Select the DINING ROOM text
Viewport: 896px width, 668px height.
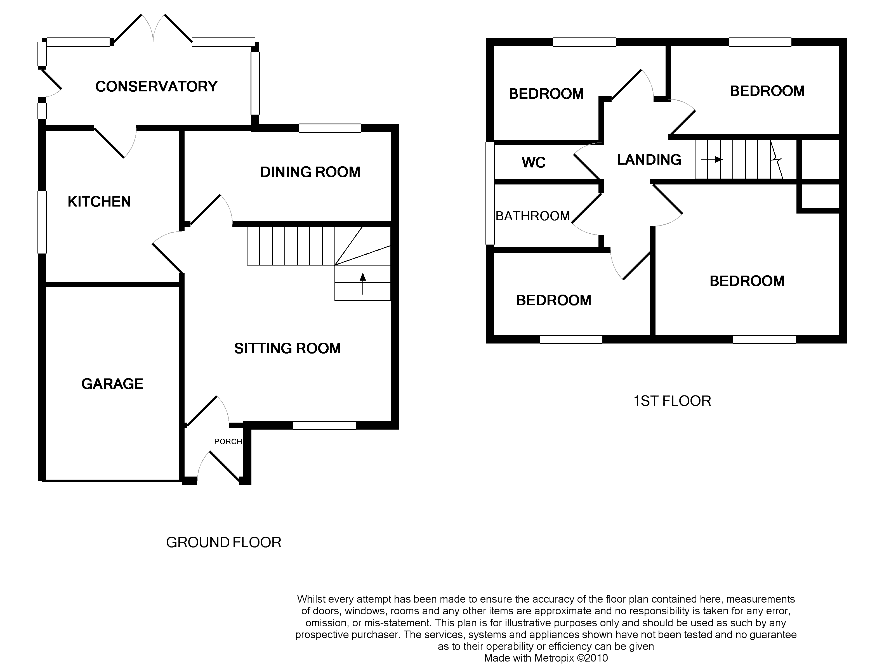tap(310, 172)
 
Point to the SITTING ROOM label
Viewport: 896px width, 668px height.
tap(287, 349)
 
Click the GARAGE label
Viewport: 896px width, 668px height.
tap(112, 384)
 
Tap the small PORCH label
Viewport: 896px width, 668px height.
tap(228, 442)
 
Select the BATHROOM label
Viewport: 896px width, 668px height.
tap(532, 216)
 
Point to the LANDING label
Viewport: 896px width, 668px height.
tap(649, 160)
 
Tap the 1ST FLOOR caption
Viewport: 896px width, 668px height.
tap(672, 401)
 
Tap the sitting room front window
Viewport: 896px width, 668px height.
tap(324, 425)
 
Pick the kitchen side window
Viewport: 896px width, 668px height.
tap(42, 222)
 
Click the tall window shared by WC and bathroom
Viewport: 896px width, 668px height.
tap(490, 193)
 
